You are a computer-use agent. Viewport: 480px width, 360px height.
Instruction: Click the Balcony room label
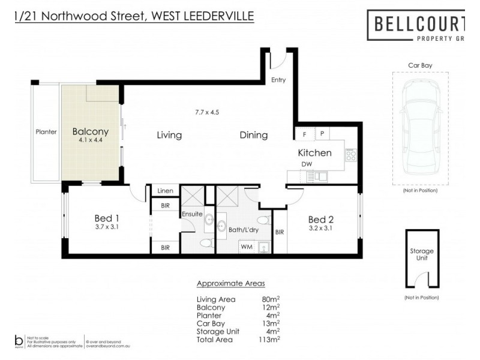[x=90, y=132]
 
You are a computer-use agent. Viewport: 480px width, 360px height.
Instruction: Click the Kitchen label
[x=314, y=152]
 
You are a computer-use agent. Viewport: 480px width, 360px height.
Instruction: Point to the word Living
[x=169, y=135]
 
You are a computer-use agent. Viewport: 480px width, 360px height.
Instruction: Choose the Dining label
[x=254, y=135]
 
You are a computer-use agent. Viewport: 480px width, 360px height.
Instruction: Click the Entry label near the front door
[x=278, y=80]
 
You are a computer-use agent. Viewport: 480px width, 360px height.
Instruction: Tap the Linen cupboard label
[x=165, y=191]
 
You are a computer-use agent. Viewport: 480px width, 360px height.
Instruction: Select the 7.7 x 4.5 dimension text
[x=208, y=112]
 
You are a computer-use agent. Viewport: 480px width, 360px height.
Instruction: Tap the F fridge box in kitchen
[x=304, y=134]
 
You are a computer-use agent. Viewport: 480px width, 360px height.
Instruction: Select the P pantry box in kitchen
[x=322, y=134]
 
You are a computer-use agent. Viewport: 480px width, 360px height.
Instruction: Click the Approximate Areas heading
[x=231, y=283]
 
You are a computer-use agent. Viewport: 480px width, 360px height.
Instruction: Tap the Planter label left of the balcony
[x=46, y=133]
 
